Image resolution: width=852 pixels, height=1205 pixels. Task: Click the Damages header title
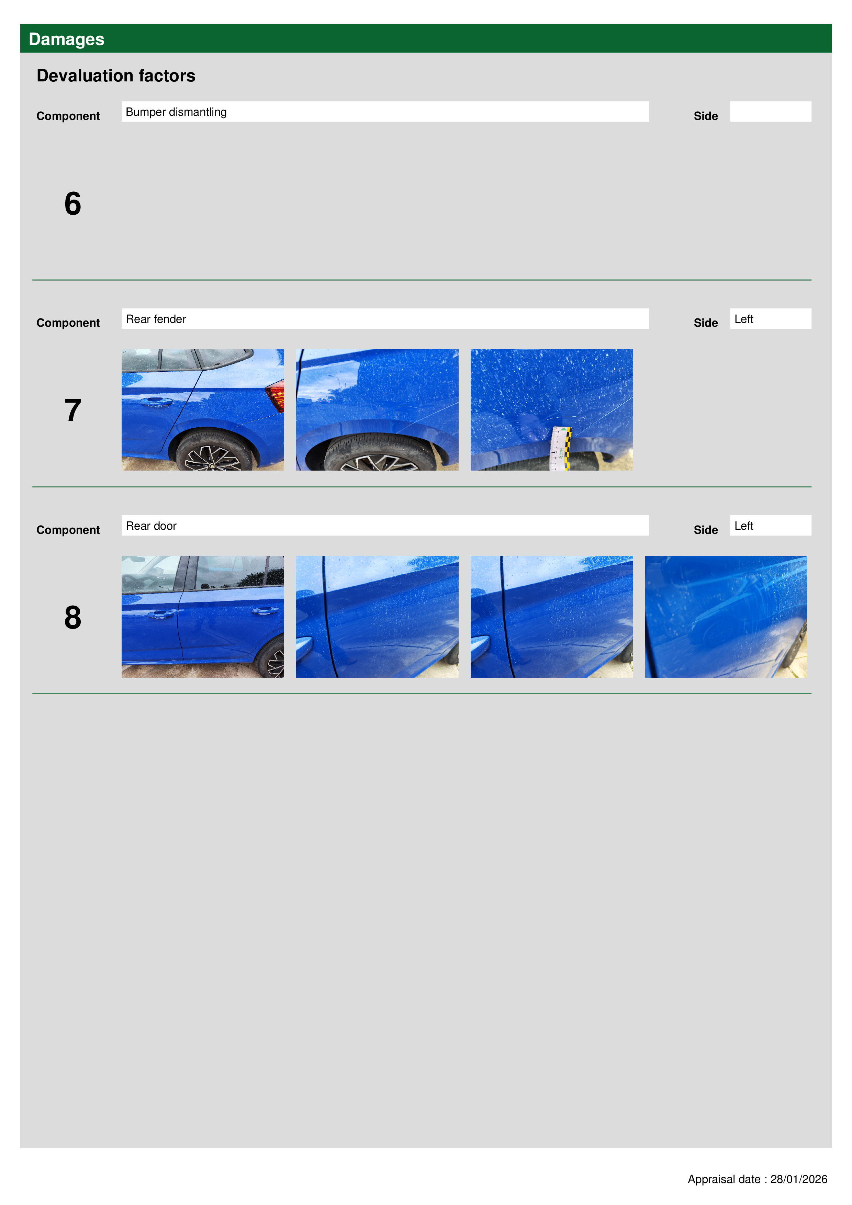(66, 40)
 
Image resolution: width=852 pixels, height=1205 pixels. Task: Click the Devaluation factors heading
(116, 76)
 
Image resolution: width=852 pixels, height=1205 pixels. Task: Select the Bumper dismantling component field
(385, 112)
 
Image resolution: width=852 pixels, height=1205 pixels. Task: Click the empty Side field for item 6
(771, 112)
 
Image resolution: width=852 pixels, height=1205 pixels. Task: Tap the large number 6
(73, 204)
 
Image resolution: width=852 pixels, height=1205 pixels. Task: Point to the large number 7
(73, 410)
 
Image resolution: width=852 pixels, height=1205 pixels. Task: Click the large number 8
(73, 617)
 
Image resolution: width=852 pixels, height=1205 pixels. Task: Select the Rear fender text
(156, 319)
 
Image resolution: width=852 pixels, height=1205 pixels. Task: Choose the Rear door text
(151, 526)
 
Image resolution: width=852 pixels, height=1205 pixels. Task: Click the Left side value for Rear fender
(744, 319)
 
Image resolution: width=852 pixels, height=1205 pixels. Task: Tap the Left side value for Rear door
(744, 526)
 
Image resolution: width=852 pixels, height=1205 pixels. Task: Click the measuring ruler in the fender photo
(560, 448)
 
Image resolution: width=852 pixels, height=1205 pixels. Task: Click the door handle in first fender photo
(156, 402)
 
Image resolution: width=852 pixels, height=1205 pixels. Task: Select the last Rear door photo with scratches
(726, 617)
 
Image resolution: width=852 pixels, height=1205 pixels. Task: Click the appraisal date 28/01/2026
(798, 1179)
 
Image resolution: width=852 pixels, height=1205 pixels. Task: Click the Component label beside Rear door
(68, 530)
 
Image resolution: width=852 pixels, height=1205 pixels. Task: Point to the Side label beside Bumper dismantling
(706, 116)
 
